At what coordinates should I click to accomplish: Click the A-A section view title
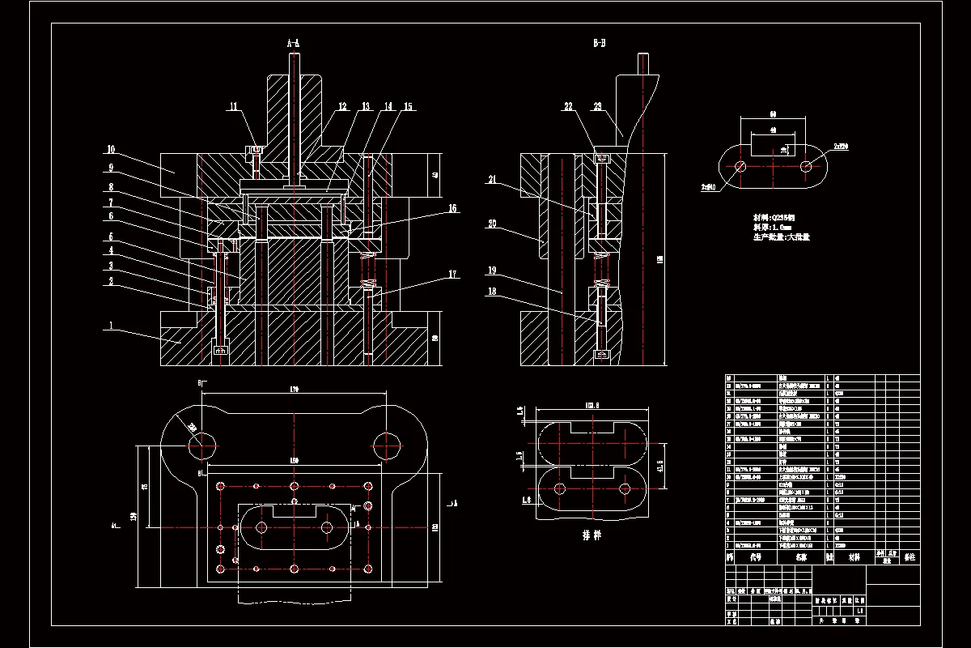[x=293, y=42]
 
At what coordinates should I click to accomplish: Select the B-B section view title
[x=599, y=42]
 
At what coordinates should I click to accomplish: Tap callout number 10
[x=111, y=149]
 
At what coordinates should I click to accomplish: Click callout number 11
[x=233, y=107]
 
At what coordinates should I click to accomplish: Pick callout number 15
[x=408, y=107]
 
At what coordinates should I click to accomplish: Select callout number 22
[x=568, y=107]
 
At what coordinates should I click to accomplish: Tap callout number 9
[x=111, y=168]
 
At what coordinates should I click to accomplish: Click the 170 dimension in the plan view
[x=295, y=390]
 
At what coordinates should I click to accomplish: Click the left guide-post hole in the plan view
[x=201, y=443]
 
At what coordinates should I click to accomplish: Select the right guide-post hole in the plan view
[x=388, y=443]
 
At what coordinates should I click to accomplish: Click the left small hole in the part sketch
[x=740, y=166]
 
